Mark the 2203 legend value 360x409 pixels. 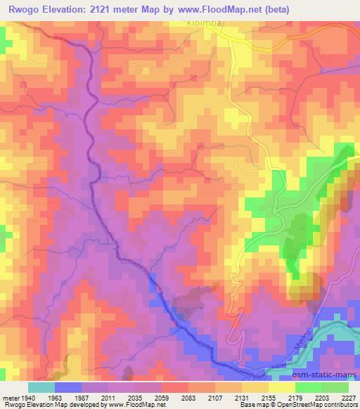click(x=322, y=397)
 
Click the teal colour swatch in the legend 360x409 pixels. click(x=41, y=387)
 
